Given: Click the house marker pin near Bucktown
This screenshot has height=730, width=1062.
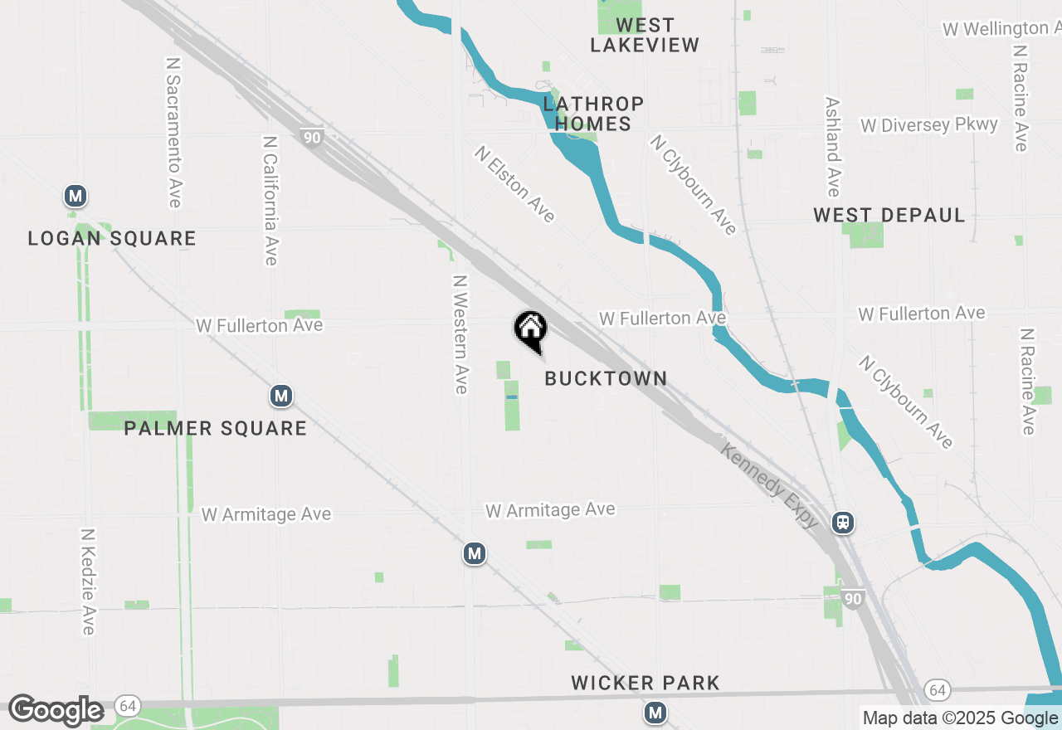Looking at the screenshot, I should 531,330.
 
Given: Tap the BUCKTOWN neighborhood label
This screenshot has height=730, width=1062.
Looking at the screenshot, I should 606,378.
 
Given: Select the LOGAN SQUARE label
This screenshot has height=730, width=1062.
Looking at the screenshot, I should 112,239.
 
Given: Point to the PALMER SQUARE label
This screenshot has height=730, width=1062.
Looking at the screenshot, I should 216,429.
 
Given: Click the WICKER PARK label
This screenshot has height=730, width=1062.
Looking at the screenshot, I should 645,684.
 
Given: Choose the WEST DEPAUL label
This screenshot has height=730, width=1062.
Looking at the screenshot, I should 889,216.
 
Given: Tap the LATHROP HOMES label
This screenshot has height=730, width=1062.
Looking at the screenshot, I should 593,114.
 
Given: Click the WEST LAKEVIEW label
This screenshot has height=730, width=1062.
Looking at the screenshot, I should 645,35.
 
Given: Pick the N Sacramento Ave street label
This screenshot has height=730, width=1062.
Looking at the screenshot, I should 173,133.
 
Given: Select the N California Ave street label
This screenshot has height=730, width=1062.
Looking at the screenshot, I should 270,202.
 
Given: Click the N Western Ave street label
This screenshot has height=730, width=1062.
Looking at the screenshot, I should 460,333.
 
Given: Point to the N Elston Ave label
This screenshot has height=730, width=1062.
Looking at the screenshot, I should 514,184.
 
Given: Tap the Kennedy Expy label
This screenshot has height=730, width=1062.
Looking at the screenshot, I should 770,487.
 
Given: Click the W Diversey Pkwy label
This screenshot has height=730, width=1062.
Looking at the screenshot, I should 929,125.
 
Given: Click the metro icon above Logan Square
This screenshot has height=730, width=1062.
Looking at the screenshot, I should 76,197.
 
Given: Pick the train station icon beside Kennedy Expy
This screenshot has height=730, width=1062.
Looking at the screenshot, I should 843,523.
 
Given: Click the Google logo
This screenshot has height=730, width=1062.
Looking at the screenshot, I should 56,711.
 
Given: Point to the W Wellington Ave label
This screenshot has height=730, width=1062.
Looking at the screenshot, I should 1001,29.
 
